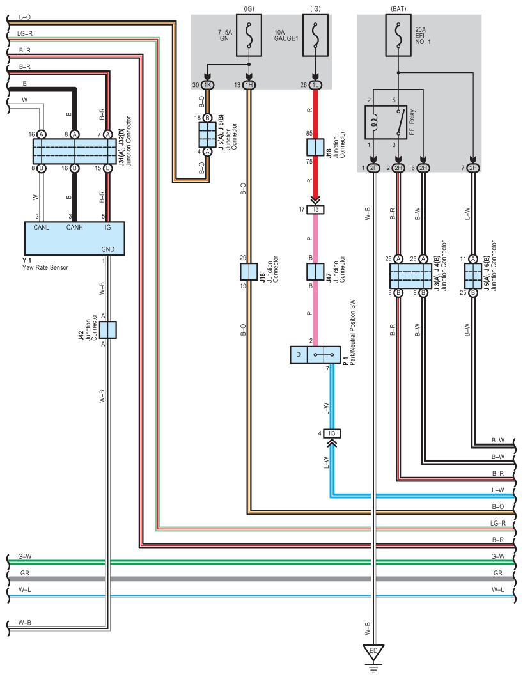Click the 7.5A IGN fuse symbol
coord(249,36)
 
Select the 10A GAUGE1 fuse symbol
coord(315,36)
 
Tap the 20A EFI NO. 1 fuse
coord(398,36)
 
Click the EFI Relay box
coord(386,122)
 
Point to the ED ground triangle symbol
coord(373,652)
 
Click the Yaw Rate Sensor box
coord(74,238)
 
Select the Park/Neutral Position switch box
coord(315,355)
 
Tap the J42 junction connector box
coord(108,330)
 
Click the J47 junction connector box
coord(315,272)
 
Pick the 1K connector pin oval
coord(207,85)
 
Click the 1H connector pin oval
coord(249,85)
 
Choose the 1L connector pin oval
coord(315,85)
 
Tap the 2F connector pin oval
coord(373,168)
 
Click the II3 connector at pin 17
coord(315,210)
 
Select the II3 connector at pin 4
coord(332,433)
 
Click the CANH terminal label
coord(74,228)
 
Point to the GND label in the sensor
coord(108,249)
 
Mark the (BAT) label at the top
coord(398,9)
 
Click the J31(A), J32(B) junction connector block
coord(74,151)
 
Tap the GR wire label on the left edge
coord(25,573)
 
